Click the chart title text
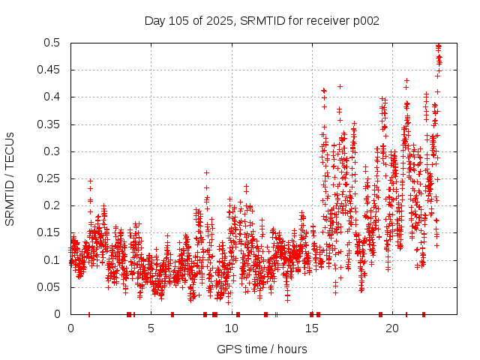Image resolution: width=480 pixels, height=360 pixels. coord(262,20)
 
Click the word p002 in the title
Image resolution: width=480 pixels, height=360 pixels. coord(364,20)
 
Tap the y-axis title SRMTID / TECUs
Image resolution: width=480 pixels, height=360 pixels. coord(10,178)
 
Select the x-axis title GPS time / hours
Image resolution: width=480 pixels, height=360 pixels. coord(262,349)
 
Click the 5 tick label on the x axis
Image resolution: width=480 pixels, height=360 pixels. coord(151,328)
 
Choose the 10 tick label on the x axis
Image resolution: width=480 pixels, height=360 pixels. coord(231,328)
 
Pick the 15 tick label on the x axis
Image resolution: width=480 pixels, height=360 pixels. coord(311,328)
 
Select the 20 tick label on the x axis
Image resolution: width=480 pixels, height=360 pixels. coord(391,328)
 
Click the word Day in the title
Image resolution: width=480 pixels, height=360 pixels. coord(154,20)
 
